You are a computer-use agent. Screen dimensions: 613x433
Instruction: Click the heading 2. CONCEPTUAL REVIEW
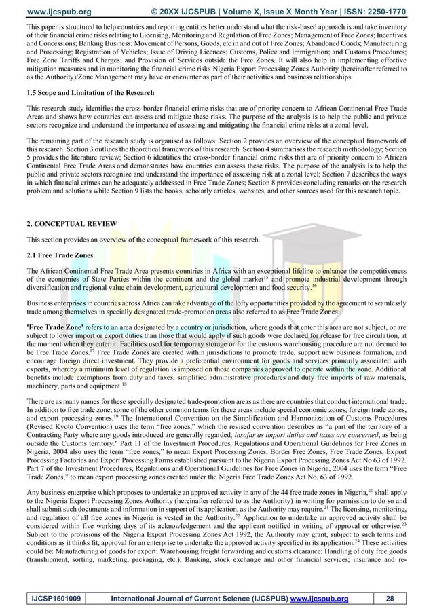70,223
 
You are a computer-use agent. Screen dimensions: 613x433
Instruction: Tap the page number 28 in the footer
389,598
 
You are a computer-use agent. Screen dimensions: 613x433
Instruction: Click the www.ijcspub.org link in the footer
318,598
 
